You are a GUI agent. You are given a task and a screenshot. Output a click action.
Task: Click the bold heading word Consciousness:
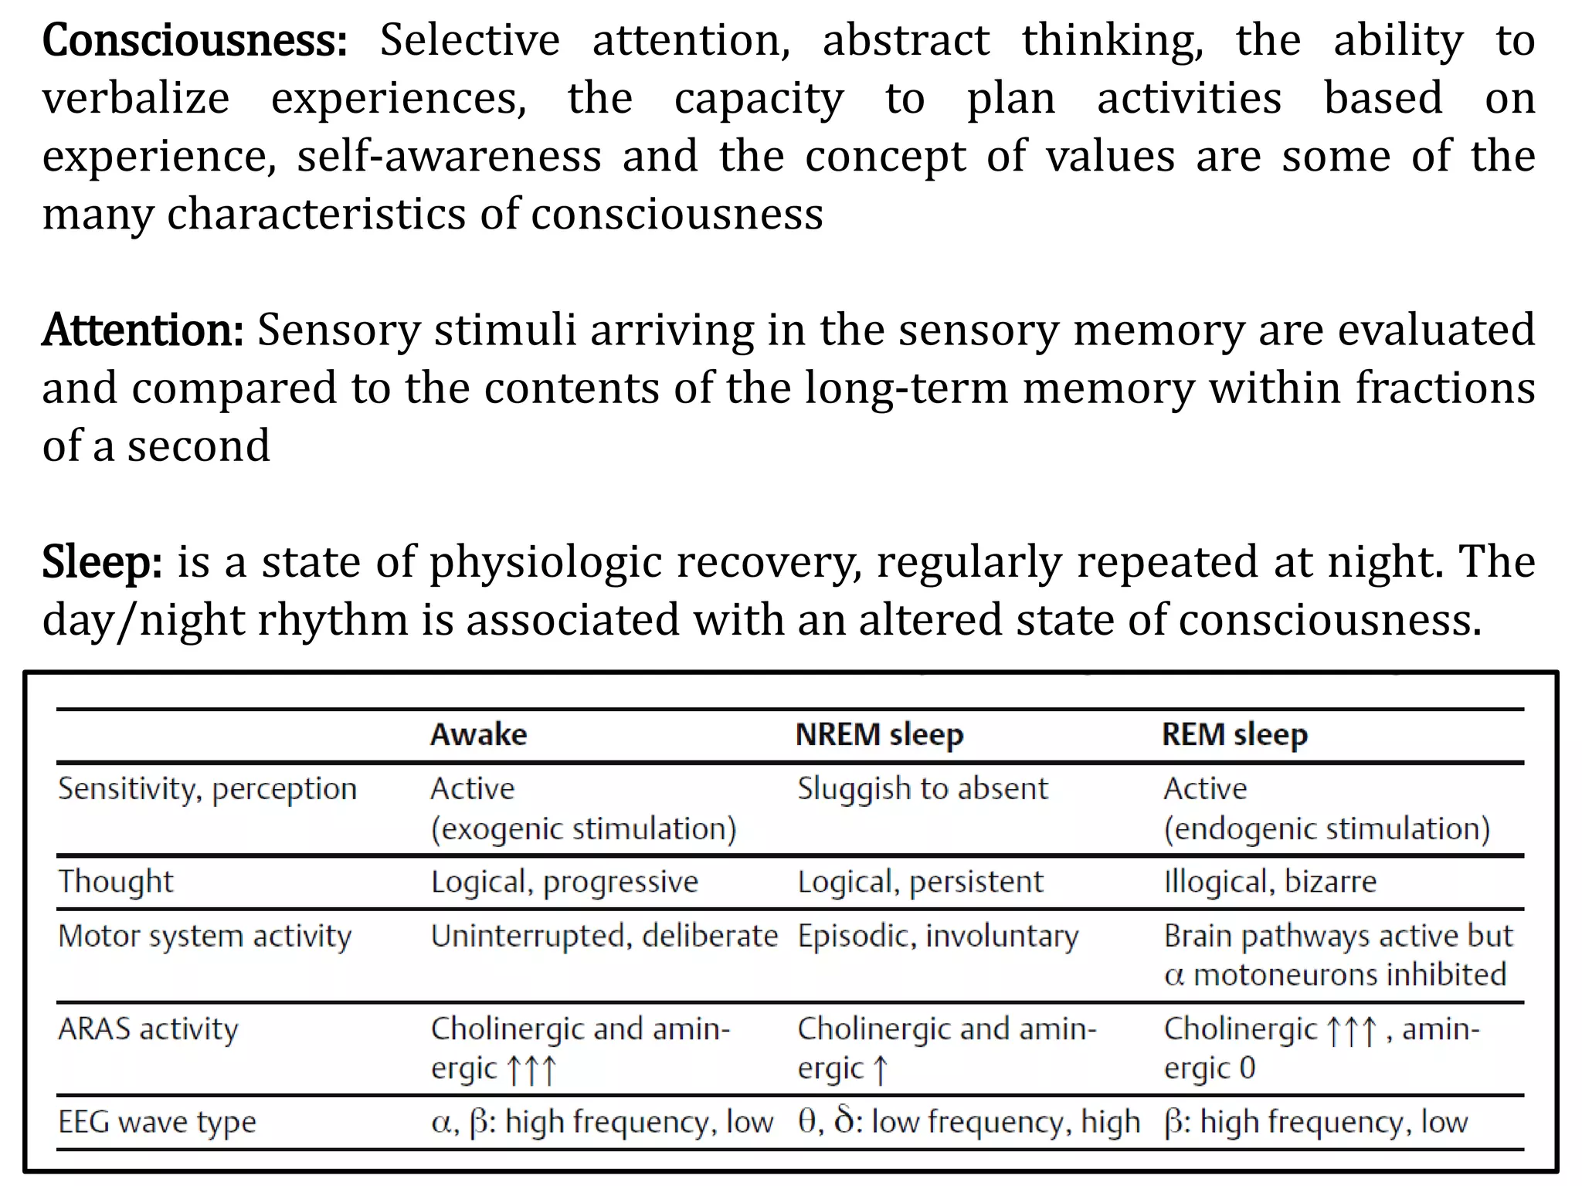tap(195, 41)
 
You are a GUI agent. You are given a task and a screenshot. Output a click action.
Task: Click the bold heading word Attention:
tap(144, 330)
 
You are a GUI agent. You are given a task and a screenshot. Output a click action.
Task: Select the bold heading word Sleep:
tap(102, 562)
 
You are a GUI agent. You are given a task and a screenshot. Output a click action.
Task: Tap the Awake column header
tap(479, 734)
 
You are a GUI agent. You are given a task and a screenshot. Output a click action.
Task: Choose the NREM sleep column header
tap(879, 734)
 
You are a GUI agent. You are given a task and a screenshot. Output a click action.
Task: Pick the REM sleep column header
tap(1234, 734)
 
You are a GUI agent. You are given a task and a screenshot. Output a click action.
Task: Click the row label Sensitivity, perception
tap(208, 789)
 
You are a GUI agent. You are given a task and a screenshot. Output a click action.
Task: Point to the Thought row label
tap(116, 882)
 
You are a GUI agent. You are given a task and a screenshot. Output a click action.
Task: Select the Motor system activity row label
tap(205, 936)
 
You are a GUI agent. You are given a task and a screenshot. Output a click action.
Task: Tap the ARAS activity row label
tap(148, 1029)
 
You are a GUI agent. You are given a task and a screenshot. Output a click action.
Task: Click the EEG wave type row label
tap(157, 1122)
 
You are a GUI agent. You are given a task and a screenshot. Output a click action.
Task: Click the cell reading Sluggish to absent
tap(922, 789)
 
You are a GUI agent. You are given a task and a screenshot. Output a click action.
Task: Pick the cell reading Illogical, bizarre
tap(1270, 882)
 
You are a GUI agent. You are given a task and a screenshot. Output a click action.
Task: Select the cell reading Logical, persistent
tap(920, 882)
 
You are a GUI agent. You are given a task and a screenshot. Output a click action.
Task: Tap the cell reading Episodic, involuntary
tap(938, 936)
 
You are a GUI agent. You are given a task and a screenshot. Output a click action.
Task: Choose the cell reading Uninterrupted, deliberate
tap(604, 936)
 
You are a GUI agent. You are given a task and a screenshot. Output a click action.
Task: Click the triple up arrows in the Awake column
tap(531, 1070)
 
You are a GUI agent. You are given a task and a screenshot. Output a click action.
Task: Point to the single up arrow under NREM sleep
tap(881, 1070)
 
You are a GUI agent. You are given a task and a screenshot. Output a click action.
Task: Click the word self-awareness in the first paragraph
tap(449, 157)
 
